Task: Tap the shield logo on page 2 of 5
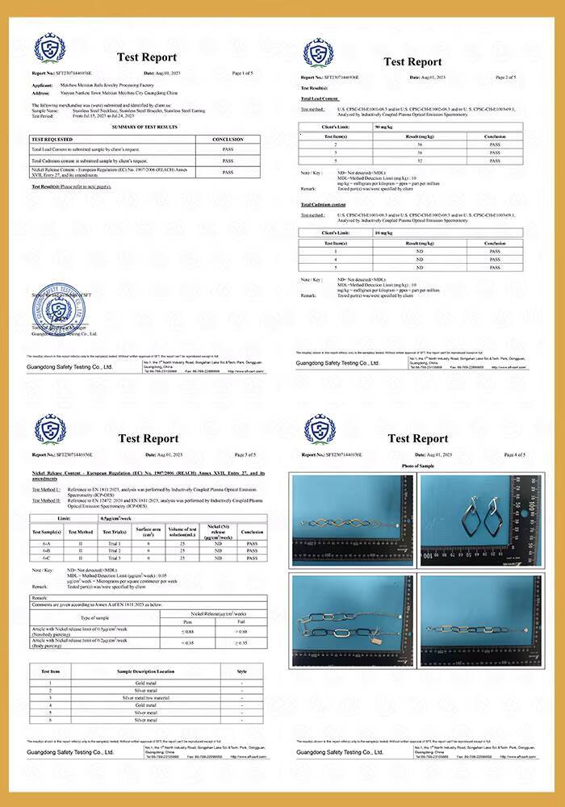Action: [x=318, y=52]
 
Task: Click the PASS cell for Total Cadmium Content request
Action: [x=228, y=161]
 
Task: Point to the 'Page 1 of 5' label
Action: [x=243, y=73]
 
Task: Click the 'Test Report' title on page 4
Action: [x=417, y=438]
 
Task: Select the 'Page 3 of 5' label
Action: [x=243, y=455]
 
